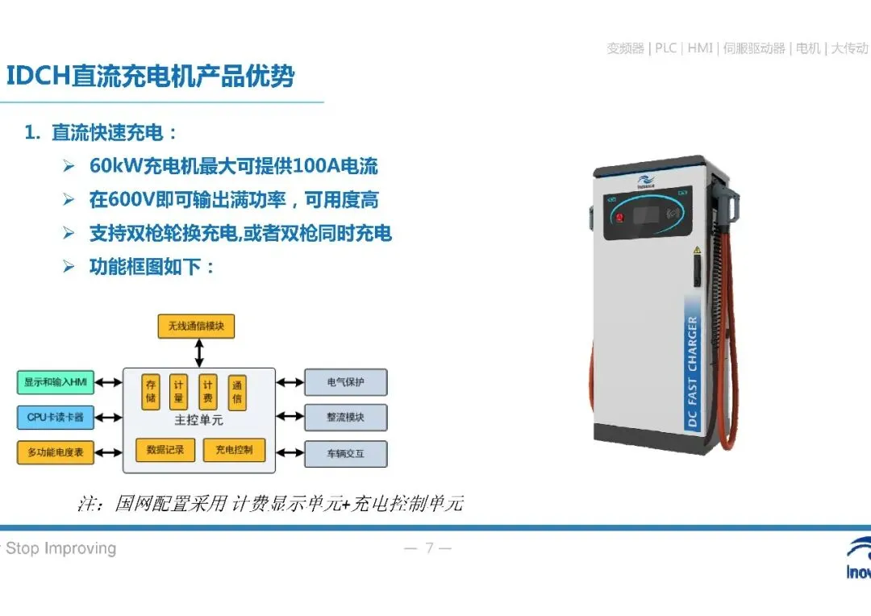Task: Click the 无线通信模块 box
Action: [196, 327]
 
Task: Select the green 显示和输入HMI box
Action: [56, 381]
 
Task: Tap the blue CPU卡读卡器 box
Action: [56, 417]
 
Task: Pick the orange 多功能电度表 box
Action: [56, 452]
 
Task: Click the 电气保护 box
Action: [345, 381]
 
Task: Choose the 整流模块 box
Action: [345, 417]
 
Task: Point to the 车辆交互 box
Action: [345, 453]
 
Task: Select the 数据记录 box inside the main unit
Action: [165, 449]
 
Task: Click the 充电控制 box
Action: [234, 449]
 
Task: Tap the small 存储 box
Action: [151, 392]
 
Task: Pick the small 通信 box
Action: [237, 392]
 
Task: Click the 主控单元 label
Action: [198, 421]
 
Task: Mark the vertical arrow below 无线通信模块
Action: [199, 353]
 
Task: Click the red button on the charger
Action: [619, 216]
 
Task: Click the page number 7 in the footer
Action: [429, 549]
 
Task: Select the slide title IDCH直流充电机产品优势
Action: [151, 77]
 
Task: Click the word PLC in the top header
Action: [665, 48]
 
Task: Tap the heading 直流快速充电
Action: [114, 133]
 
